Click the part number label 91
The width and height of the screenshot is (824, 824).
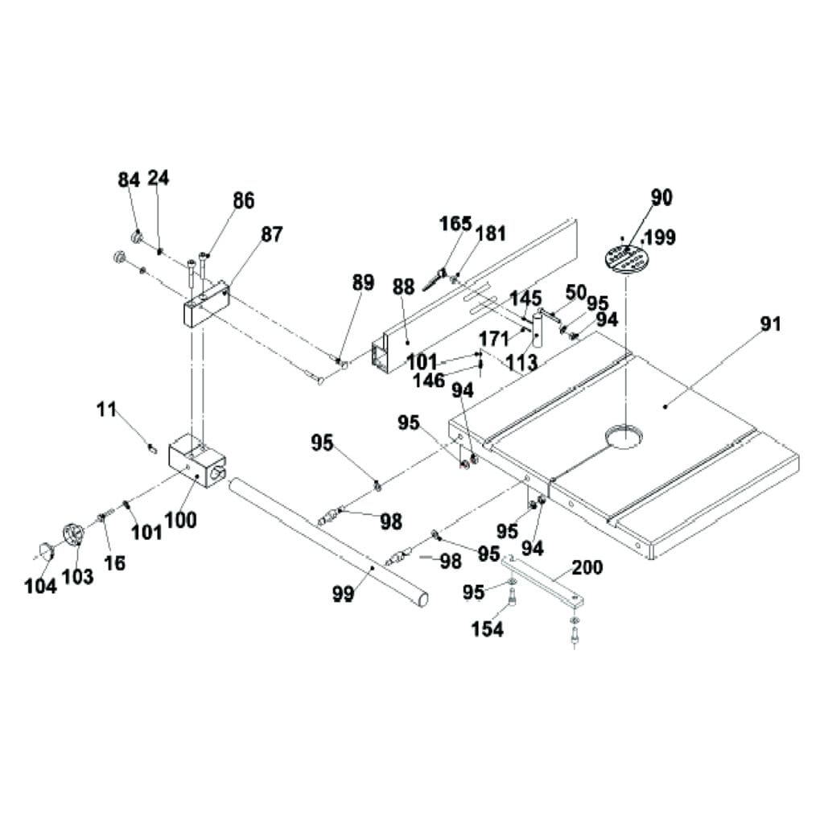pyautogui.click(x=770, y=324)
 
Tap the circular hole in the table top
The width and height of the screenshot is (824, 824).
pyautogui.click(x=624, y=437)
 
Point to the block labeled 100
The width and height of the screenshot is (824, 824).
pyautogui.click(x=196, y=459)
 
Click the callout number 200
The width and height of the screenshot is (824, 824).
pyautogui.click(x=587, y=567)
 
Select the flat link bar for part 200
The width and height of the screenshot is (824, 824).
pyautogui.click(x=546, y=582)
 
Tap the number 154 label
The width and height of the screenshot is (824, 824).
pyautogui.click(x=487, y=628)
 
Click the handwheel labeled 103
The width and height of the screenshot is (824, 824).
pyautogui.click(x=73, y=534)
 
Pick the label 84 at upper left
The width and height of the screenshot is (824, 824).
pyautogui.click(x=129, y=179)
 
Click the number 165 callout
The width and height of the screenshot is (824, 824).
pyautogui.click(x=455, y=224)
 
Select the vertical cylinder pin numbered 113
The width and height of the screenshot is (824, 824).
pyautogui.click(x=537, y=329)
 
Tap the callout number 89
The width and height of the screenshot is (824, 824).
pyautogui.click(x=363, y=282)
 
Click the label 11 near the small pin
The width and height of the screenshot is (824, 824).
pyautogui.click(x=106, y=410)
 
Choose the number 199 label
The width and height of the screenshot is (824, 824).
pyautogui.click(x=660, y=237)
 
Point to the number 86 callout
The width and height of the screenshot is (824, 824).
pyautogui.click(x=243, y=200)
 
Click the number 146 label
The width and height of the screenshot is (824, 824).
pyautogui.click(x=429, y=381)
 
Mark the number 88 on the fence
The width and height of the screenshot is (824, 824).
pyautogui.click(x=404, y=287)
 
